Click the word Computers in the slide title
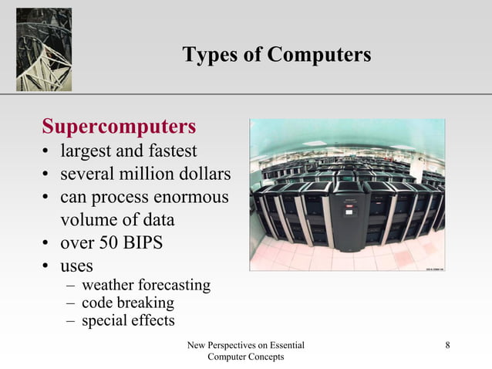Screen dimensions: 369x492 [x=318, y=56]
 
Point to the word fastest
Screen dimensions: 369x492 [x=171, y=151]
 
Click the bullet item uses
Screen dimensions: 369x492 [x=77, y=266]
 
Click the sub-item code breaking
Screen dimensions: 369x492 [x=127, y=303]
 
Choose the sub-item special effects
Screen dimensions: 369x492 [x=128, y=320]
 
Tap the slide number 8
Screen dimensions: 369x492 [x=448, y=345]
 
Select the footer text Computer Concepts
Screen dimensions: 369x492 [x=246, y=357]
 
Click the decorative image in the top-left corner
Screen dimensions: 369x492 [x=44, y=49]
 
